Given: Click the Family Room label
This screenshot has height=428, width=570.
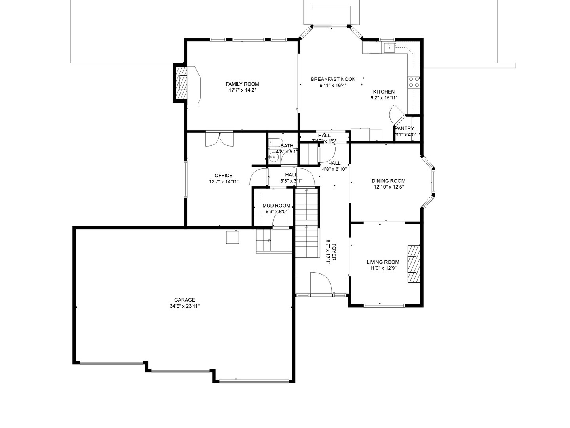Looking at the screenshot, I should pyautogui.click(x=242, y=84).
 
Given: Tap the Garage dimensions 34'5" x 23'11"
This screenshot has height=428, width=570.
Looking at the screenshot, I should pyautogui.click(x=184, y=306).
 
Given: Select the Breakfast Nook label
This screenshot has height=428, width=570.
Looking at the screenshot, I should pyautogui.click(x=333, y=79).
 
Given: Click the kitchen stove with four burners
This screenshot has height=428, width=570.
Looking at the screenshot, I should pyautogui.click(x=414, y=82).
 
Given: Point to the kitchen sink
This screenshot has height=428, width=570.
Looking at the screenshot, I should pyautogui.click(x=389, y=47).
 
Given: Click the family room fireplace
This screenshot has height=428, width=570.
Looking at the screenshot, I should pyautogui.click(x=181, y=83).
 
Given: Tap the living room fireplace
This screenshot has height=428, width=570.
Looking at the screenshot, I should pyautogui.click(x=414, y=264).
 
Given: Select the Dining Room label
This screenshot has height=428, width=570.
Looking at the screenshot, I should pyautogui.click(x=388, y=181).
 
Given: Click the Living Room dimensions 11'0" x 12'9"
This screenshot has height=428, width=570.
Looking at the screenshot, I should pyautogui.click(x=383, y=268).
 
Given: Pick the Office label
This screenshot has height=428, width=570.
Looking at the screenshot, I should pyautogui.click(x=224, y=176).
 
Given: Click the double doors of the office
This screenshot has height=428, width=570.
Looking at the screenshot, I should pyautogui.click(x=219, y=139).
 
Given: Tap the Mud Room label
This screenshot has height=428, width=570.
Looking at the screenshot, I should pyautogui.click(x=276, y=206).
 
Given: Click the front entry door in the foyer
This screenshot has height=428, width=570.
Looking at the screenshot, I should pyautogui.click(x=321, y=284).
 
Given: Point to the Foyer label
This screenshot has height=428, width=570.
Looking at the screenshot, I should pyautogui.click(x=334, y=252).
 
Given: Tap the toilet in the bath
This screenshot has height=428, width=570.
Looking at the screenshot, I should pyautogui.click(x=274, y=141).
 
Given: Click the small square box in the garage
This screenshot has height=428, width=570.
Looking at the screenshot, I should pyautogui.click(x=232, y=237).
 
